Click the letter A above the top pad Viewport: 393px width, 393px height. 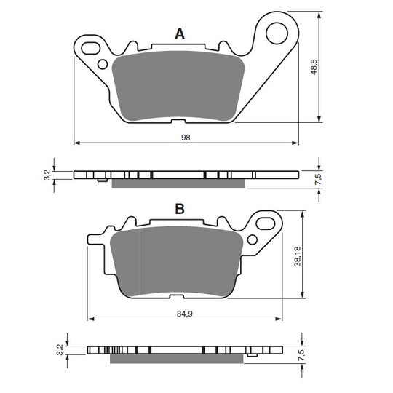coord(180,33)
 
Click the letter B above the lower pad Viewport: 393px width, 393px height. coord(180,209)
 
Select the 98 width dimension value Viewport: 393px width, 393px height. coord(186,138)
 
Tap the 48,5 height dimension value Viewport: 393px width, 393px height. coord(314,67)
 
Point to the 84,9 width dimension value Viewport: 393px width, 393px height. coord(185,314)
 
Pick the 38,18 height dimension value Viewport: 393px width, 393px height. coord(298,256)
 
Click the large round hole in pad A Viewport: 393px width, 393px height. coord(277,33)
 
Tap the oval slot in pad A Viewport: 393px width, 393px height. coord(90,48)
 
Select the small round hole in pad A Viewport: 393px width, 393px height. coord(103,65)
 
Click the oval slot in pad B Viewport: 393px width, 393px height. coord(266,223)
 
